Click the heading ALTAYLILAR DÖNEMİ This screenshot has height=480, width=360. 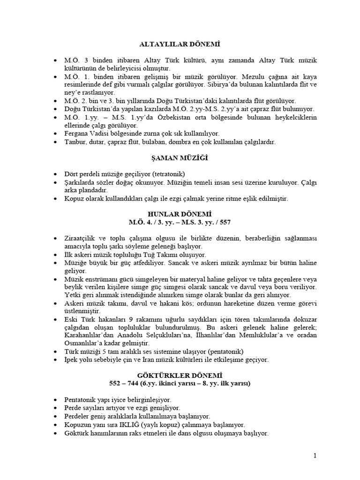pyautogui.click(x=180, y=45)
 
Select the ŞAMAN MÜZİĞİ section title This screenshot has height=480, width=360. pyautogui.click(x=180, y=158)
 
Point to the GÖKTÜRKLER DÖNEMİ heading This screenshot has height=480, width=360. pyautogui.click(x=180, y=376)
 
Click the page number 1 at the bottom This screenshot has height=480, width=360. pyautogui.click(x=315, y=456)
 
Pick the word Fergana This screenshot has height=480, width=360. pyautogui.click(x=77, y=133)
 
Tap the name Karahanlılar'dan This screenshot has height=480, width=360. pyautogui.click(x=91, y=335)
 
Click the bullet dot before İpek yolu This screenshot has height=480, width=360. pyautogui.click(x=56, y=360)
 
